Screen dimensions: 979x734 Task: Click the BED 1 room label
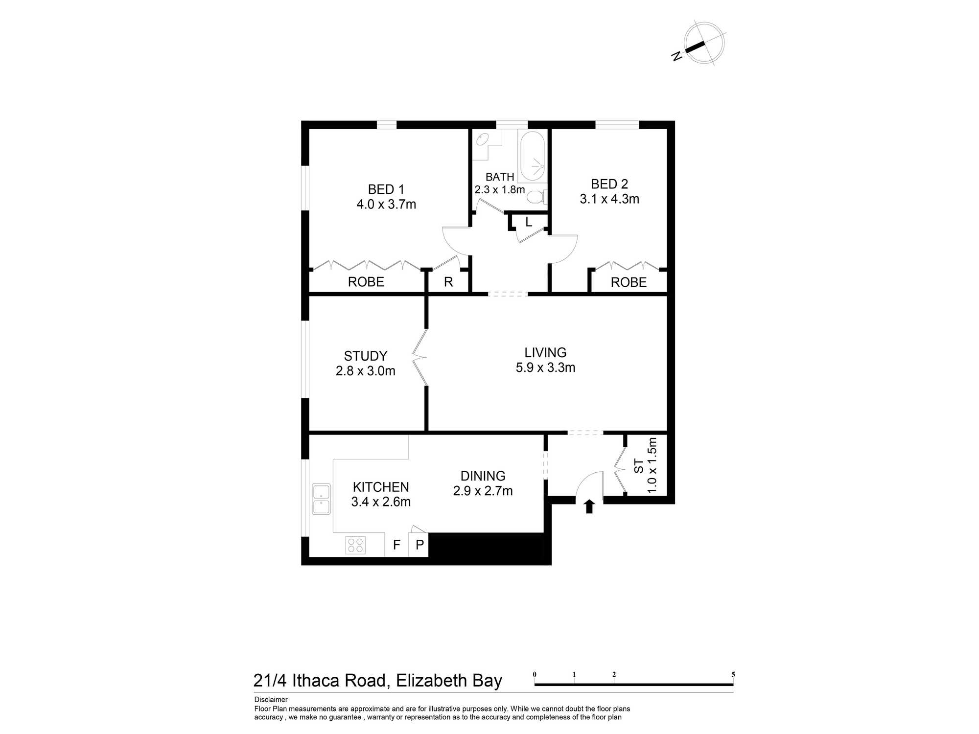click(x=386, y=189)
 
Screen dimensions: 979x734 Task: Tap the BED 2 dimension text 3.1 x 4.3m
click(x=609, y=199)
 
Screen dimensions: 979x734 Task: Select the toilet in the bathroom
click(x=537, y=197)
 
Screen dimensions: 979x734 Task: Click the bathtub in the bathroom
click(x=532, y=156)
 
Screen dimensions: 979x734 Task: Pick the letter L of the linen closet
click(x=529, y=222)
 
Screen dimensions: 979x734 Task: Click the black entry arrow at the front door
click(x=589, y=506)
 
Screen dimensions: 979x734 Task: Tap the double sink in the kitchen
click(x=321, y=499)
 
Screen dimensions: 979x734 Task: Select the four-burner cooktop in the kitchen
click(x=355, y=545)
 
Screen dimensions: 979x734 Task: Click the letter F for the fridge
click(x=397, y=545)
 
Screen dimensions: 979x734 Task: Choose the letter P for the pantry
click(x=420, y=545)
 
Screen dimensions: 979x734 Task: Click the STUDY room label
click(x=366, y=356)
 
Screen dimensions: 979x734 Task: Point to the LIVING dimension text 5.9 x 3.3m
click(x=545, y=367)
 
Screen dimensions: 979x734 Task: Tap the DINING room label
click(x=483, y=476)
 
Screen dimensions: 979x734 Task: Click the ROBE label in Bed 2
click(x=629, y=282)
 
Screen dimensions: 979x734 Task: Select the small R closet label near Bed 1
click(x=448, y=282)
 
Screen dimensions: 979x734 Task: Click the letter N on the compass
click(x=677, y=56)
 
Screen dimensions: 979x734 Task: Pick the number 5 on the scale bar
click(x=733, y=675)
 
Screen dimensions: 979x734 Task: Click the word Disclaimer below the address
click(x=271, y=700)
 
